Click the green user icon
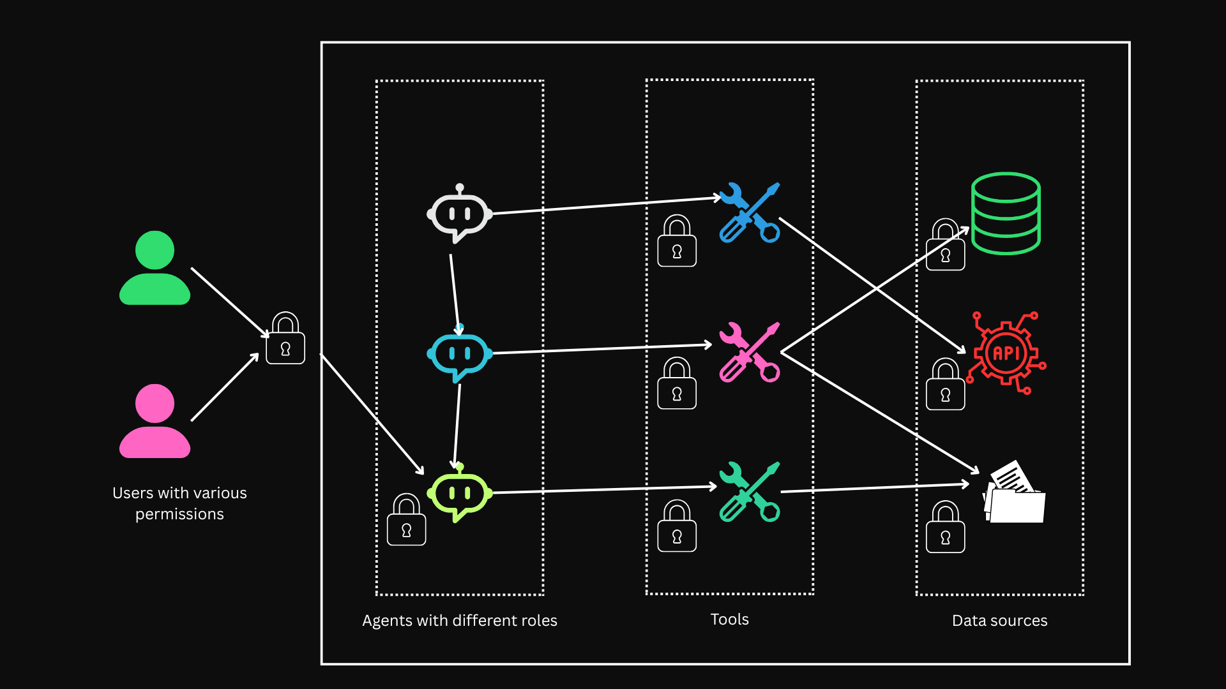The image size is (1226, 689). click(x=155, y=268)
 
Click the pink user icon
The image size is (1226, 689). click(x=155, y=421)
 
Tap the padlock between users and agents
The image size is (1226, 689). click(x=285, y=339)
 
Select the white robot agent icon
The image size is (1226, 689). click(x=459, y=214)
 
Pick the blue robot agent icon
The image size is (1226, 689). click(x=459, y=354)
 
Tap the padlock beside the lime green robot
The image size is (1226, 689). click(x=406, y=520)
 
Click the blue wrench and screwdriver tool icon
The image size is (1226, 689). click(x=750, y=212)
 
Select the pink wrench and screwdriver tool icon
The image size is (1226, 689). click(x=750, y=352)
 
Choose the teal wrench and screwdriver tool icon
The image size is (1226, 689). click(x=750, y=492)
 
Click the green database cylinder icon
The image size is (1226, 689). click(x=1006, y=213)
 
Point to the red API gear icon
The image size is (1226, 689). click(x=1007, y=353)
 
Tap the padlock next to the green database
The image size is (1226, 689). click(x=945, y=246)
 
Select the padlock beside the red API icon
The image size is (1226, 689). click(x=945, y=385)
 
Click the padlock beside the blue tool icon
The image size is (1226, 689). click(x=677, y=242)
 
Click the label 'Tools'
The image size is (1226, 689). click(x=729, y=619)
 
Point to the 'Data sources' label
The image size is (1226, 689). click(x=999, y=621)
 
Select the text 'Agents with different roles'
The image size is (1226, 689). click(x=459, y=621)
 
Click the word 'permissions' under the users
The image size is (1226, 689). click(x=179, y=514)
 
